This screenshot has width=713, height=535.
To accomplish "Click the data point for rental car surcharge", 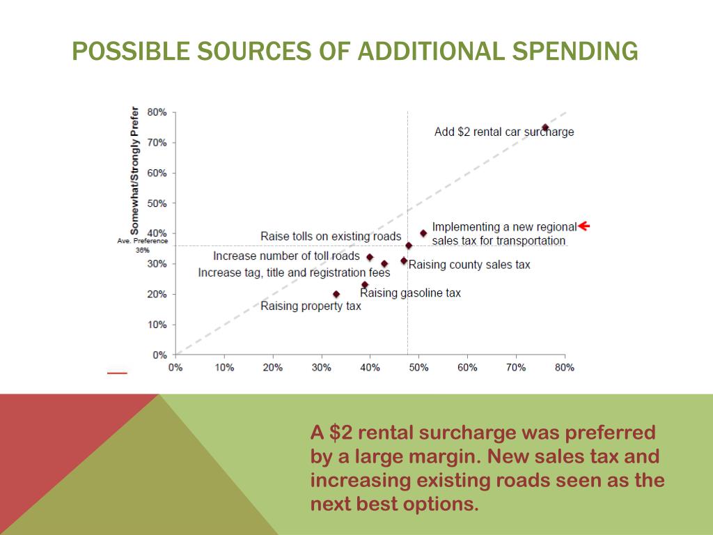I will (x=545, y=127).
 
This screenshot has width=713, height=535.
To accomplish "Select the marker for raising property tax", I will (x=336, y=294).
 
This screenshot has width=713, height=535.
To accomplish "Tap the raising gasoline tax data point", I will (x=364, y=285).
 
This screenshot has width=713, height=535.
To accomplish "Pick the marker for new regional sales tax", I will (x=423, y=233).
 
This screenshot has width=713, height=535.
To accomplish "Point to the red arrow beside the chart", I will (x=583, y=226).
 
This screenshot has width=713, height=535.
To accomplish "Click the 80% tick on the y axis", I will (x=157, y=112).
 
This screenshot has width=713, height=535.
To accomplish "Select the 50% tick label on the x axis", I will (x=418, y=368).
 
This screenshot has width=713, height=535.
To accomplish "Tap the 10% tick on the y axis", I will (x=157, y=325).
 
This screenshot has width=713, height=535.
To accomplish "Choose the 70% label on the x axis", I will (x=516, y=368).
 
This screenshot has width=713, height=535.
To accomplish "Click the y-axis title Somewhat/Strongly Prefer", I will (x=134, y=170).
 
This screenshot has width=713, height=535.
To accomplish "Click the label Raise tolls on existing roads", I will (x=331, y=236).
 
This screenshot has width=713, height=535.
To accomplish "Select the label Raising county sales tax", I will (x=469, y=265).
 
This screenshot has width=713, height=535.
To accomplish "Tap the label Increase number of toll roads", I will (x=286, y=256).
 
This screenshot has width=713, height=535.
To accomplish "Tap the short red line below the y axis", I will (x=117, y=373).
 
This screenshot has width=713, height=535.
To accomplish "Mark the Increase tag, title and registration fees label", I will (x=294, y=272).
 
